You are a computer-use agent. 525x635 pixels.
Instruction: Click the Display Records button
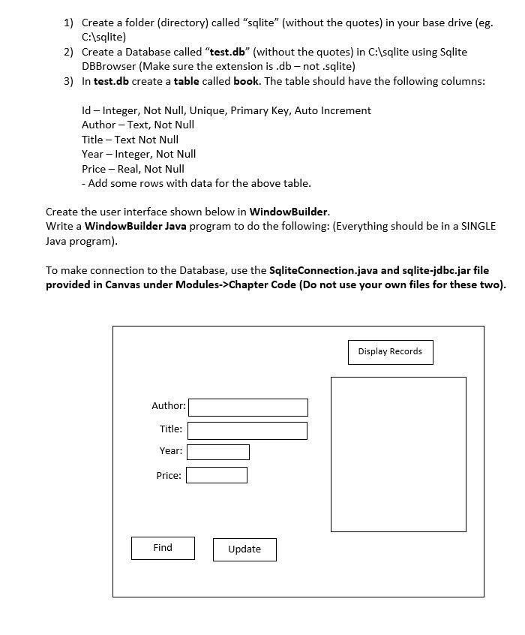(390, 352)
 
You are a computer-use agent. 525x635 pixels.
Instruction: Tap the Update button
(244, 549)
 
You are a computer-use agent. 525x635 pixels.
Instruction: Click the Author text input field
(248, 407)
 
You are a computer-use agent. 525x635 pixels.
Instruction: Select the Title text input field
(247, 430)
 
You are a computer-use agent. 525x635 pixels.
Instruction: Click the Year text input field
(218, 452)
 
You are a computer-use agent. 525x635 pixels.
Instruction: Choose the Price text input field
(217, 475)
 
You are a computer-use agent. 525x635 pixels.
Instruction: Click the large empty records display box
(398, 454)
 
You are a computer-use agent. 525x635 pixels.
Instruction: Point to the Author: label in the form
(168, 406)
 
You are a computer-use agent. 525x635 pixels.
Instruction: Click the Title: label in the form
(170, 429)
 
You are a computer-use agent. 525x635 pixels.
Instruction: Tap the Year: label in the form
(170, 451)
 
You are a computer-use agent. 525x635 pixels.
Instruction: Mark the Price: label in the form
(168, 475)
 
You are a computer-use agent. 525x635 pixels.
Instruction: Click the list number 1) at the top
(68, 23)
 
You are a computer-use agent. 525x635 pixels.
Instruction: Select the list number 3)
(68, 81)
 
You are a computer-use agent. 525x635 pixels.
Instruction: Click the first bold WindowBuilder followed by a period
(288, 212)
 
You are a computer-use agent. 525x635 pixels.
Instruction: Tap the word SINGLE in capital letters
(478, 226)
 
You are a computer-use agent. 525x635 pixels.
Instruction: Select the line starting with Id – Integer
(226, 110)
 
